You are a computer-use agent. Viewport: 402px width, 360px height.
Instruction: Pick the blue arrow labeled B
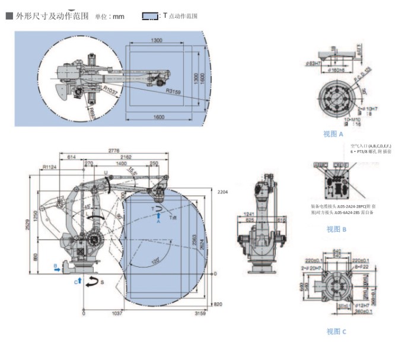coord(57,268)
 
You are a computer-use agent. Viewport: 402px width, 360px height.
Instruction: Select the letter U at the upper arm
coord(106,173)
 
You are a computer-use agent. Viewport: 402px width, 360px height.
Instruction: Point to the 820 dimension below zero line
coord(217,304)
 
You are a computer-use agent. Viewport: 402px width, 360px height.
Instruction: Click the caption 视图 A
coord(333,134)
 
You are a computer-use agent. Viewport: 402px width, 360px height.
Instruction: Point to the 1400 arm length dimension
coord(121,163)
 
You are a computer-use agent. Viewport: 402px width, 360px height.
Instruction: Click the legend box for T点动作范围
coord(149,16)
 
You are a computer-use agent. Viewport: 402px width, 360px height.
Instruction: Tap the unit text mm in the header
coord(118,16)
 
